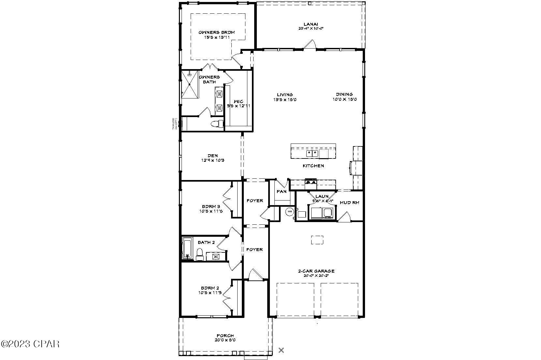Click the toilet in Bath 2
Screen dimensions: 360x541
200,254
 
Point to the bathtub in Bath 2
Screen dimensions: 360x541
187,248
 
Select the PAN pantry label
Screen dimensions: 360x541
281,191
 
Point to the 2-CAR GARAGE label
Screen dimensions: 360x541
316,271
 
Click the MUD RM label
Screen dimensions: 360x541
349,202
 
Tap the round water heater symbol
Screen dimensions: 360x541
289,212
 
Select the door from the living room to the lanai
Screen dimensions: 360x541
310,45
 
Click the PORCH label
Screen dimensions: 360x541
225,336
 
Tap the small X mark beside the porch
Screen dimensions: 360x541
281,350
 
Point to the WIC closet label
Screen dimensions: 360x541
238,101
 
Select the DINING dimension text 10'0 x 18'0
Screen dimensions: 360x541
344,99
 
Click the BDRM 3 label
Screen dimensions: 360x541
211,206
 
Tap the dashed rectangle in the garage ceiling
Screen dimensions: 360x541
317,240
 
